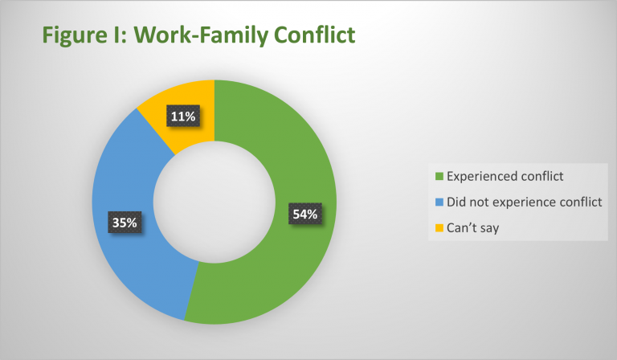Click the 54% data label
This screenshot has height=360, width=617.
(305, 214)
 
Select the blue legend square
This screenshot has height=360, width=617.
(438, 202)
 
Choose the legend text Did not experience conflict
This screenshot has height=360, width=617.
(524, 202)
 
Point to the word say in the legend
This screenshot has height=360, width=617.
(488, 228)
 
